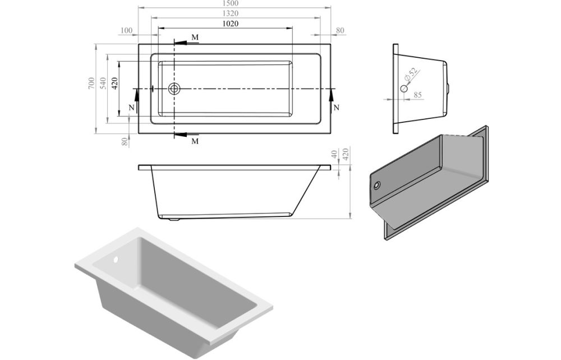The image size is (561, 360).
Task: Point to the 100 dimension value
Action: pyautogui.click(x=126, y=30)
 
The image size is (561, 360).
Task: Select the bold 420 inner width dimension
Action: pyautogui.click(x=114, y=84)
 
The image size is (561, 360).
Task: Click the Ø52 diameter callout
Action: pyautogui.click(x=411, y=75)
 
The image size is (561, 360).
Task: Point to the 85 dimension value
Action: pyautogui.click(x=417, y=95)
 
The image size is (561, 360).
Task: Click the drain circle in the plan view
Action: pyautogui.click(x=174, y=88)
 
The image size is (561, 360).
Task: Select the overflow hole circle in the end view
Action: pyautogui.click(x=404, y=88)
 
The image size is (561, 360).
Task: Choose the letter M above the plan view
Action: pyautogui.click(x=195, y=37)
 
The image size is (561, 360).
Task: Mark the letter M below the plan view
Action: pyautogui.click(x=195, y=141)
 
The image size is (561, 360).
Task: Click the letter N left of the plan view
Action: pyautogui.click(x=131, y=107)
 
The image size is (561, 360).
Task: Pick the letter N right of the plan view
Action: pyautogui.click(x=336, y=107)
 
